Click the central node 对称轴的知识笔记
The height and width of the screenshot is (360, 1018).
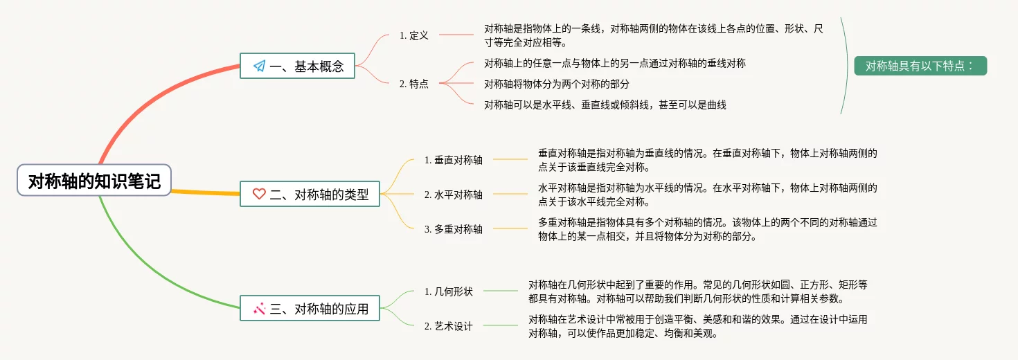coord(94,181)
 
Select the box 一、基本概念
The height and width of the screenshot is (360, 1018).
coord(297,66)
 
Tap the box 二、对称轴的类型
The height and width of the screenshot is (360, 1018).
coord(310,195)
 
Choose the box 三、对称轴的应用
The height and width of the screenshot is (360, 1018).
coord(310,309)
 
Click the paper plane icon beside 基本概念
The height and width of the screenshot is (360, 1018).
coord(260,66)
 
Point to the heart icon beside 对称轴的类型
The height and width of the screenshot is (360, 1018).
coord(259,195)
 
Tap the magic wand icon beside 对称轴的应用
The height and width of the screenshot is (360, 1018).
coord(260,309)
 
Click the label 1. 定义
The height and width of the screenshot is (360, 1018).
coord(414,35)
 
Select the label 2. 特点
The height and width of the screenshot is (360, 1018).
coord(414,84)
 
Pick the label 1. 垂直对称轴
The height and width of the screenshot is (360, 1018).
coord(454,160)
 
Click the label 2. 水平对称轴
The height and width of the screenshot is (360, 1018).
coord(454,195)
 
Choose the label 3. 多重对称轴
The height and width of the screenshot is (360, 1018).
coord(454,229)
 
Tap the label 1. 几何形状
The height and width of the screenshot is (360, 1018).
coord(449,291)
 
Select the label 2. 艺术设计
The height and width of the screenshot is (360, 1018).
coord(449,326)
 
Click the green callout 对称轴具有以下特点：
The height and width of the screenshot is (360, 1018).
coord(920,66)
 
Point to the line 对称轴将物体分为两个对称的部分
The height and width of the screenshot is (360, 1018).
coord(557,84)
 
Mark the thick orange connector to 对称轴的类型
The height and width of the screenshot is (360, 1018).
coord(205,192)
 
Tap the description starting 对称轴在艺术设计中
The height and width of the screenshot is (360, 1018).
coord(697,326)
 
